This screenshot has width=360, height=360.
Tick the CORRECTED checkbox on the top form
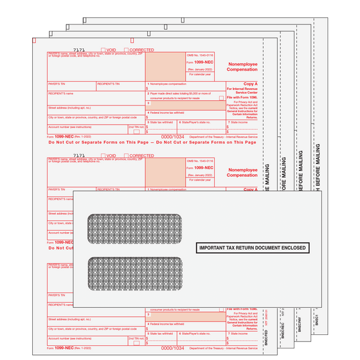pos(125,50)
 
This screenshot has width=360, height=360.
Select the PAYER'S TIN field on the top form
pos(71,86)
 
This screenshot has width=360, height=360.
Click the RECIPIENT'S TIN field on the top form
pos(120,86)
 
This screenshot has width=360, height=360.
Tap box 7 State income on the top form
pos(244,127)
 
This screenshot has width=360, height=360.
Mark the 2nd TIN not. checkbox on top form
pos(136,132)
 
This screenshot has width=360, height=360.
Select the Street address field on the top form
pos(96,111)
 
